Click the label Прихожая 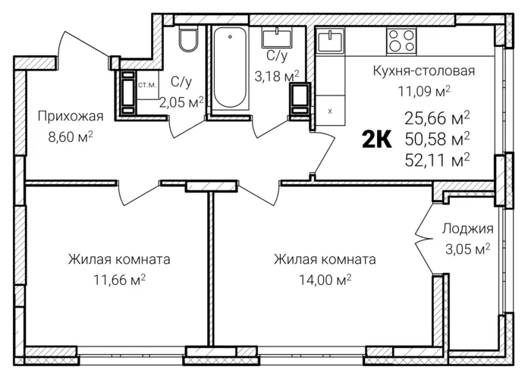click(70, 116)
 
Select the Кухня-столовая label click(424, 72)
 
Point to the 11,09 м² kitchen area click(425, 91)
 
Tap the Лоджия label click(467, 228)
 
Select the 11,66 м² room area click(119, 280)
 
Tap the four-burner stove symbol click(403, 39)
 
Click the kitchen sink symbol click(330, 38)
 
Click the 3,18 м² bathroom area click(278, 74)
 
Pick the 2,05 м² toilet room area click(181, 101)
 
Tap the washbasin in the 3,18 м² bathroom click(277, 35)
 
